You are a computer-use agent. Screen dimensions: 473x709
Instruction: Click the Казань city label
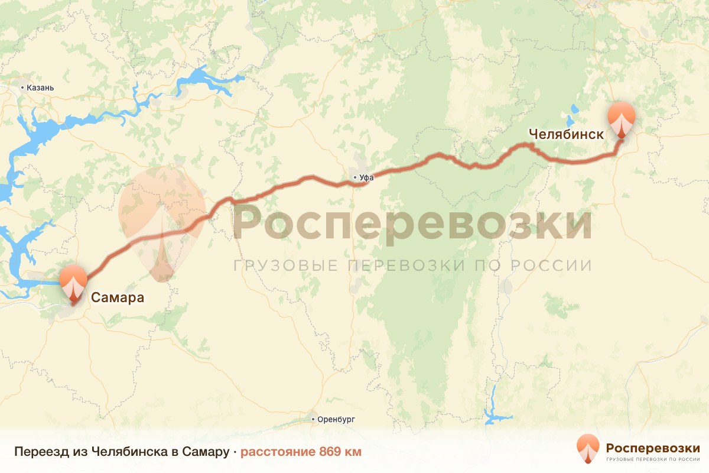(41, 88)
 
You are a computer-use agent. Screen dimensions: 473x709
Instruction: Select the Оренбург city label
(336, 419)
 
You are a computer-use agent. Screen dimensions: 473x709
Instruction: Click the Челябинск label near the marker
(566, 134)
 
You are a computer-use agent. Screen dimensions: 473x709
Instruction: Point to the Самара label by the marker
(117, 297)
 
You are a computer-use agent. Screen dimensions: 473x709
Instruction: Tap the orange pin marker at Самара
(74, 284)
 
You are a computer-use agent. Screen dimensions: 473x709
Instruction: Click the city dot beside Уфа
(354, 177)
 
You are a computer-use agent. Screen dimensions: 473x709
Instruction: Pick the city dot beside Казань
(23, 88)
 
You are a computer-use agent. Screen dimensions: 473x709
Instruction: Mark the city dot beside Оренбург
(314, 419)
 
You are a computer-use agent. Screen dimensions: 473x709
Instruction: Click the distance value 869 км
(340, 452)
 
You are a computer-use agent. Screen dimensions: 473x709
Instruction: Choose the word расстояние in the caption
(278, 452)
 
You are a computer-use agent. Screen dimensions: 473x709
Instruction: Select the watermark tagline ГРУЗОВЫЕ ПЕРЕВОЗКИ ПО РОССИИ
(412, 265)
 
